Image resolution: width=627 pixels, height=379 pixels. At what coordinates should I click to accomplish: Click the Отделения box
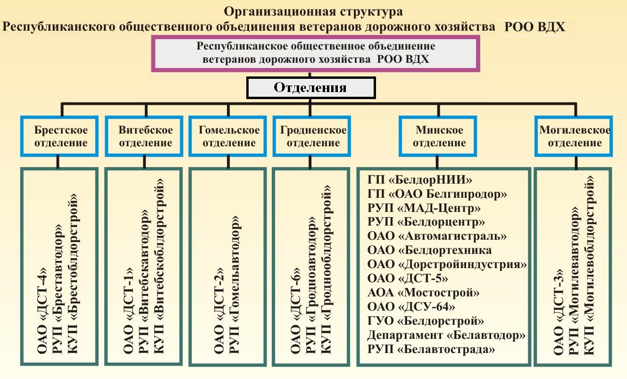coord(311,88)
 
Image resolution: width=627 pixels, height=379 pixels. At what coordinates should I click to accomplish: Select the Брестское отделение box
coord(61,136)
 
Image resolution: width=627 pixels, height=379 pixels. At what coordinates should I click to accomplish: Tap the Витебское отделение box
coord(145,136)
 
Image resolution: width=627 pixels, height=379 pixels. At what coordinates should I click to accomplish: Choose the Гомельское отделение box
coord(229,136)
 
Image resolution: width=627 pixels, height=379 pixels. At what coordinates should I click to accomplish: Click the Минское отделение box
coord(439,136)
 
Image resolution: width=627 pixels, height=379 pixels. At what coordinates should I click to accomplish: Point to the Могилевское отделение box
coord(574,136)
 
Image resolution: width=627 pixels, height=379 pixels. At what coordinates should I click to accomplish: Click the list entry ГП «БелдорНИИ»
coord(420,180)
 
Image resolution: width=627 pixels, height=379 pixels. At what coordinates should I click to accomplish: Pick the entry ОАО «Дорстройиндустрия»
coord(446,264)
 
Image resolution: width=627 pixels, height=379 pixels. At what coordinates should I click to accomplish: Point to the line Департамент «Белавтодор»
coord(446,335)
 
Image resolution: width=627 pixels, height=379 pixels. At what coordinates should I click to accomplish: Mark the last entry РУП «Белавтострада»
coord(431,350)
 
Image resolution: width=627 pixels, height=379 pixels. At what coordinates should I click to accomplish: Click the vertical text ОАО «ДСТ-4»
coord(43,309)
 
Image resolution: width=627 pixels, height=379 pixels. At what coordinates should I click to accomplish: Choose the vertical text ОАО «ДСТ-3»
coord(559,312)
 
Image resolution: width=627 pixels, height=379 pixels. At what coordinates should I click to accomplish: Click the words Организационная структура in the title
coord(313,11)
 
